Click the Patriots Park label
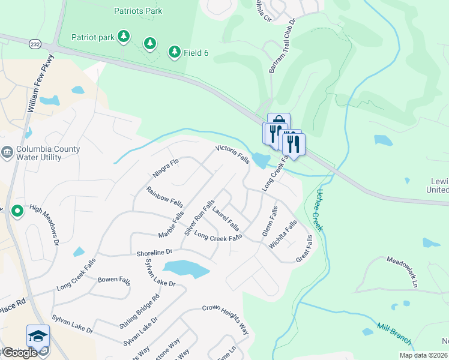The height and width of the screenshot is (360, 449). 138,11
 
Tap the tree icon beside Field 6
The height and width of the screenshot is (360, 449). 174,52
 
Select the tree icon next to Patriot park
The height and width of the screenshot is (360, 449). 123,37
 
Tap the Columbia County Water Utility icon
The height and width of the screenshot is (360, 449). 7,152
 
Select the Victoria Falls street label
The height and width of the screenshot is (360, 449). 232,155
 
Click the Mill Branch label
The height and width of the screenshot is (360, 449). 394,334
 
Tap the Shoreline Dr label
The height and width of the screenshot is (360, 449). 154,253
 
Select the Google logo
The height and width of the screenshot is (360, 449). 19,353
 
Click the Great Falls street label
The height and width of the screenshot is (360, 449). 304,248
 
